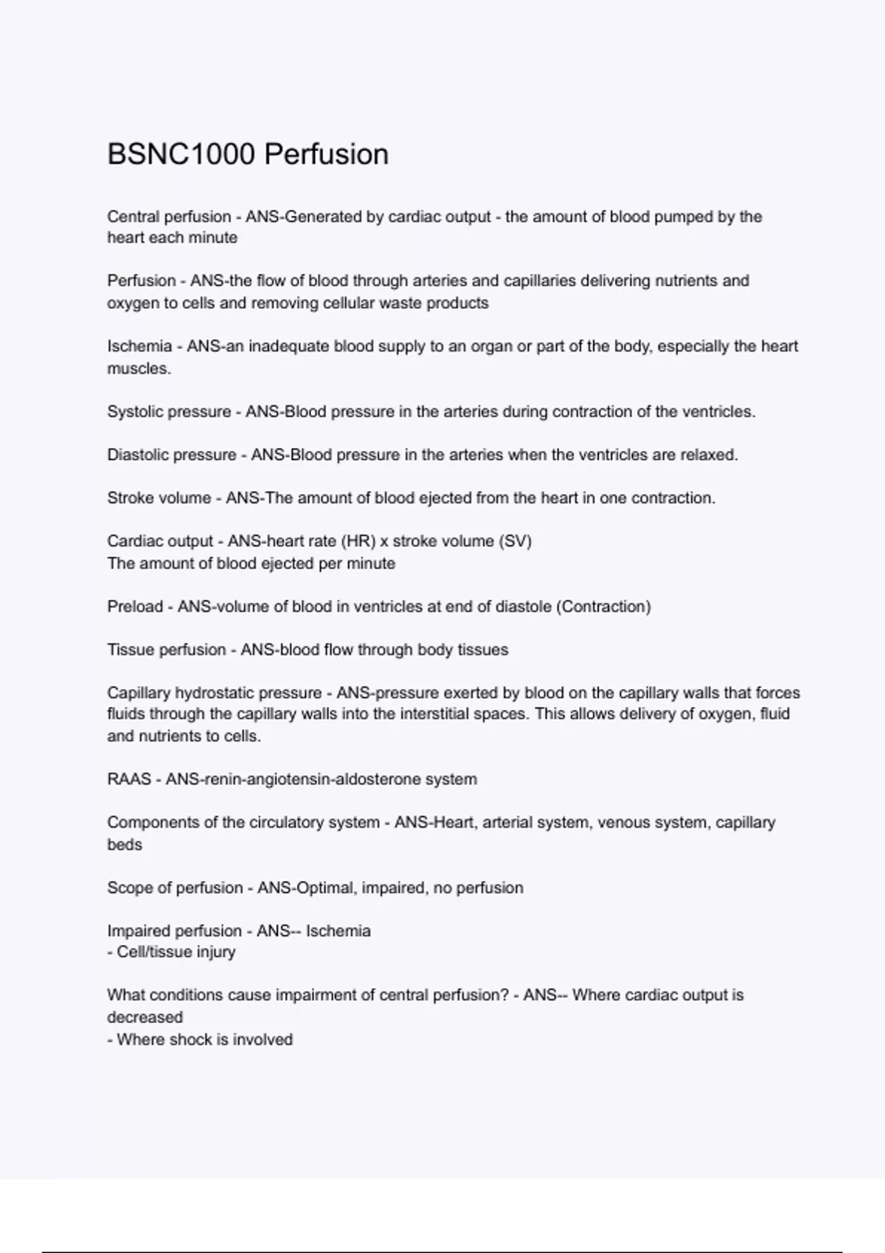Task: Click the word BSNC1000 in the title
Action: tap(181, 155)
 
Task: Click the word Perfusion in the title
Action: tap(326, 155)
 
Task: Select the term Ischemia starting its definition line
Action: tap(139, 346)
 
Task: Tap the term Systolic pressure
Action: tap(169, 412)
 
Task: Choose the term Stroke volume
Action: tap(159, 498)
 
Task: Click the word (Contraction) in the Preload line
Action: tap(603, 607)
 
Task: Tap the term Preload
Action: tap(135, 607)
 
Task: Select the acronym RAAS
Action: tap(129, 779)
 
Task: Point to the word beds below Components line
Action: tap(125, 845)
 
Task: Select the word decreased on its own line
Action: tap(145, 1017)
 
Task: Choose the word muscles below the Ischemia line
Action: tap(139, 369)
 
